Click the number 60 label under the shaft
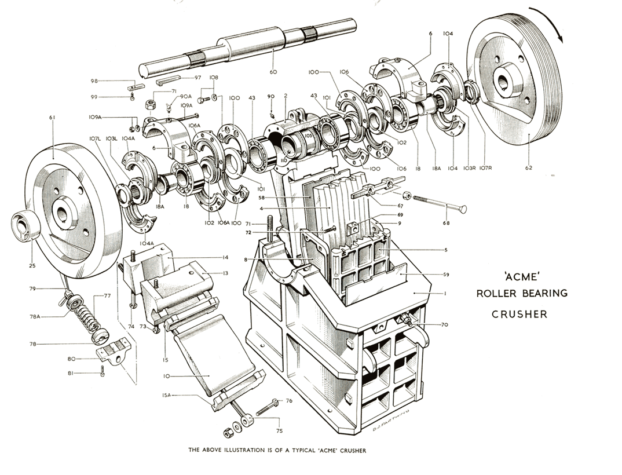point(273,72)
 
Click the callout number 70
point(444,325)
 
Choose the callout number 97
point(197,78)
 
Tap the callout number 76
point(288,401)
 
